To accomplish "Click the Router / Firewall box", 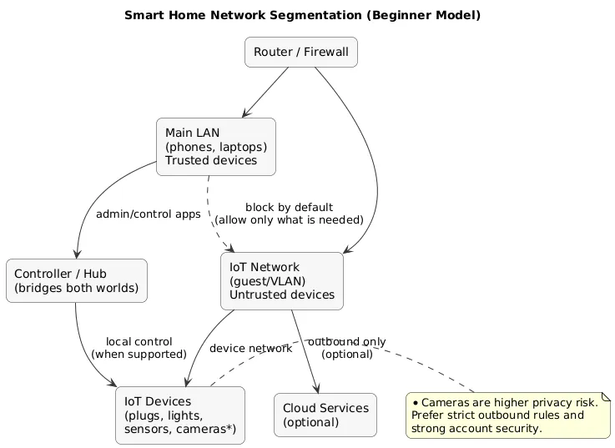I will point(301,53).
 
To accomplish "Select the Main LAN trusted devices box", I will point(215,147).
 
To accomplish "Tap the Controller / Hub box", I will point(76,281).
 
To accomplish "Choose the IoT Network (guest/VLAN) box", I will point(281,281).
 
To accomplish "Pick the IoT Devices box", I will point(179,415).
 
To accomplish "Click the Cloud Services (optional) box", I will point(325,415).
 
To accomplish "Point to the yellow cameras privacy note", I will point(507,415).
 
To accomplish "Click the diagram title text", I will point(302,15).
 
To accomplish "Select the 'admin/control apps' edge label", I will point(149,214).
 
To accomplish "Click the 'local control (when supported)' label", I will point(139,348).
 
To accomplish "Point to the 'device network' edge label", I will point(250,349).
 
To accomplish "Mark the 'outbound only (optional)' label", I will point(347,348).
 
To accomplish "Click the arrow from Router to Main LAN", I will point(265,93).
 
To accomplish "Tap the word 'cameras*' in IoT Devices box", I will point(204,430).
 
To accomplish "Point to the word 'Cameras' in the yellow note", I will point(447,402).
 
